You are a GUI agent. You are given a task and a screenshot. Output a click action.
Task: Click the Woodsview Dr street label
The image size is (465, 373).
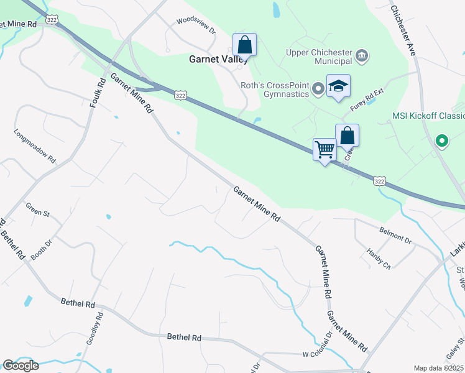(196, 29)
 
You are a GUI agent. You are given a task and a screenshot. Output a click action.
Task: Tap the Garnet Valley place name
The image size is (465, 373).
(218, 60)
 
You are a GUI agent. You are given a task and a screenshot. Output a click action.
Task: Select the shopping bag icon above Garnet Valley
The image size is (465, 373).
(245, 45)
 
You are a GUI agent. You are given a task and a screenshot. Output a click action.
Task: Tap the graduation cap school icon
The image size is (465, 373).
(338, 86)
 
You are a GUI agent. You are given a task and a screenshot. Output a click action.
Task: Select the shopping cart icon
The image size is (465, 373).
(325, 150)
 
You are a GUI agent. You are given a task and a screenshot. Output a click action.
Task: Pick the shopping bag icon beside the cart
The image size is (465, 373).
(347, 136)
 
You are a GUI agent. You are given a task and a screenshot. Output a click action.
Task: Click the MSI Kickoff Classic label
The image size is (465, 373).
(428, 116)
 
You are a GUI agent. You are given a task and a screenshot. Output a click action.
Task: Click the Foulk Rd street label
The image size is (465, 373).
(97, 93)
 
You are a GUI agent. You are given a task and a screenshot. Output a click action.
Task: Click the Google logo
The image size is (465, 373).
(20, 365)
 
